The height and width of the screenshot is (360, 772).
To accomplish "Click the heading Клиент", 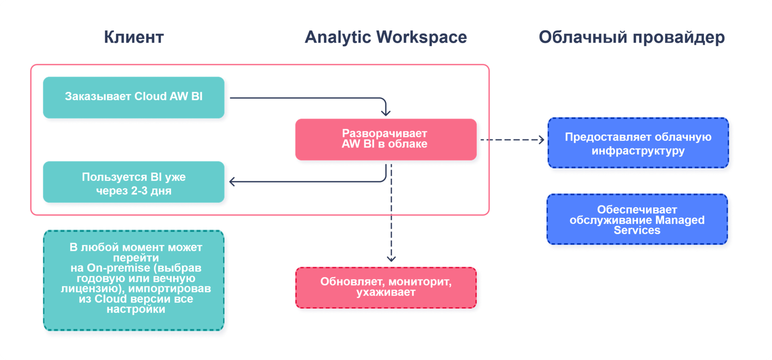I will (x=134, y=37).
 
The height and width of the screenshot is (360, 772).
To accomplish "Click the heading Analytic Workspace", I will (x=386, y=37).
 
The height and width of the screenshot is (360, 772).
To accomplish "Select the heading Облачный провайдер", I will (x=631, y=37).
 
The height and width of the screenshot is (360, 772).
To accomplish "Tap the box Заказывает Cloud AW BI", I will (x=134, y=97).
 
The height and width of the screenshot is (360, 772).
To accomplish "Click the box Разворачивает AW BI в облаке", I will (x=386, y=139).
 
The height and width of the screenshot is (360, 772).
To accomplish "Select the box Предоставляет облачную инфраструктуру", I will (x=638, y=143).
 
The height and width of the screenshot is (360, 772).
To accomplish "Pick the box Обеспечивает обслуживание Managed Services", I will (x=637, y=219).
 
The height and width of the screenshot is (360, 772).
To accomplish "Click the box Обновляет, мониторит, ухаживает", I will (x=386, y=287).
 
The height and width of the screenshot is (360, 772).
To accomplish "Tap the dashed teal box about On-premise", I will (x=134, y=280).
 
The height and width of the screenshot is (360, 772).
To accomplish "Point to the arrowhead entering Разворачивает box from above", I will (x=386, y=113).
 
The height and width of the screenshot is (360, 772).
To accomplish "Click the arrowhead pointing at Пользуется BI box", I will (x=233, y=182).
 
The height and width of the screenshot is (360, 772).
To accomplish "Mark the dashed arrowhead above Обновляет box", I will (x=391, y=258).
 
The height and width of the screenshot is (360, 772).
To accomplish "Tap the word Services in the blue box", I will (x=637, y=230).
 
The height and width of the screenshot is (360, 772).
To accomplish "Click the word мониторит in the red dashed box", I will (x=422, y=282).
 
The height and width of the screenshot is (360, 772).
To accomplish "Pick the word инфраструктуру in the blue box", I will (x=638, y=151).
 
